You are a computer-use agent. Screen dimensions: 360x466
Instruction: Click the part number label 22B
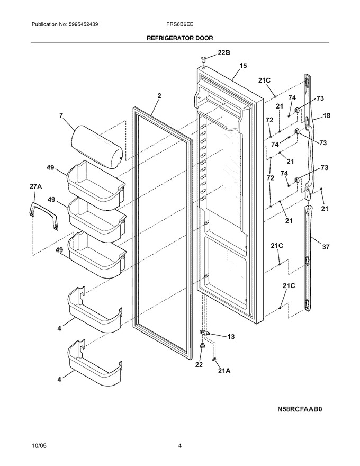(223, 53)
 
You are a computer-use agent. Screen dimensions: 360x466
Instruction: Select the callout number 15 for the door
(243, 66)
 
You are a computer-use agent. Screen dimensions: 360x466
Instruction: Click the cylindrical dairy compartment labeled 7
(97, 147)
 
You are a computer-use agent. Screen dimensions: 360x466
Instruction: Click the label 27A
(35, 186)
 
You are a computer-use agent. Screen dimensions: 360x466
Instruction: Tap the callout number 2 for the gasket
(159, 96)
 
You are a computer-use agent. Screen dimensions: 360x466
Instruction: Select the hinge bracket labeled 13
(205, 332)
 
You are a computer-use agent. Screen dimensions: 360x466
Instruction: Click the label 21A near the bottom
(224, 371)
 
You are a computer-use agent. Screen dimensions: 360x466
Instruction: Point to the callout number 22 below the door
(199, 364)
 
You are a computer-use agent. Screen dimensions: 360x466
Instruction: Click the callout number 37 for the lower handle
(326, 246)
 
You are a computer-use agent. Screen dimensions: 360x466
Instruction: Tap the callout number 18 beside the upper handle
(327, 115)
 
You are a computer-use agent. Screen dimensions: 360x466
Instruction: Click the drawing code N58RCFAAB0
(300, 409)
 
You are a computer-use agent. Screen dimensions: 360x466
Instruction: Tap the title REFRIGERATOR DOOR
(180, 38)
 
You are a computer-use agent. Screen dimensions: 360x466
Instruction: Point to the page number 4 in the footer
(180, 446)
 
